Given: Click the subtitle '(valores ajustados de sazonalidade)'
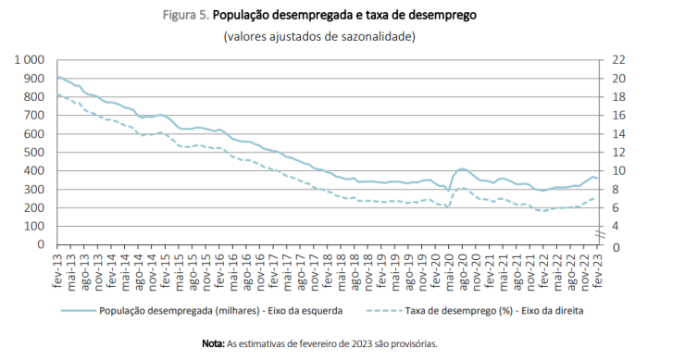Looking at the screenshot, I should point(319,36).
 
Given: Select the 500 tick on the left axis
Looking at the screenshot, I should point(33,153).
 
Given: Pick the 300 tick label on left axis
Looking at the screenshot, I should point(33,190).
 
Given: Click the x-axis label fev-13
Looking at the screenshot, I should point(59,269).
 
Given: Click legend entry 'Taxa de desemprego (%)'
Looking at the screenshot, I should point(491,311).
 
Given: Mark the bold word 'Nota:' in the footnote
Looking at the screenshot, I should point(213,343).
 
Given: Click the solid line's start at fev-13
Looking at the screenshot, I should point(57,78).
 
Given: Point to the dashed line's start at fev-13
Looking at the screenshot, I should point(57,94).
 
